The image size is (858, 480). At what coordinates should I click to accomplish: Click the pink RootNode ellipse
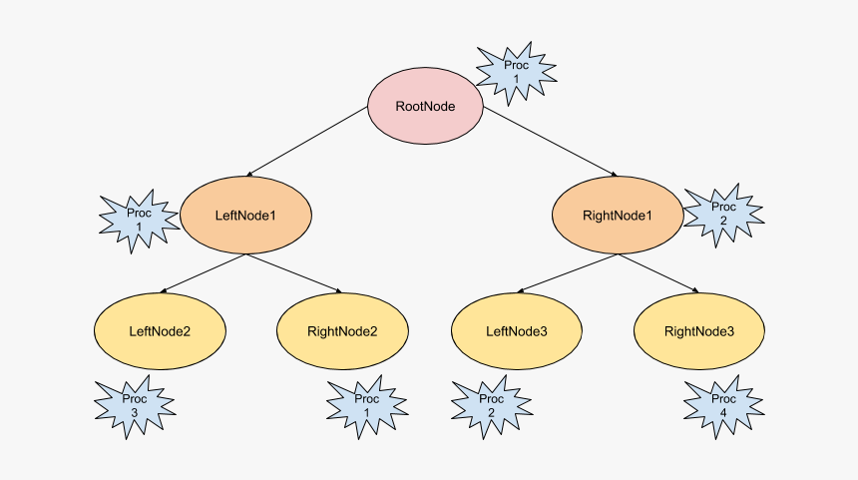coord(426,106)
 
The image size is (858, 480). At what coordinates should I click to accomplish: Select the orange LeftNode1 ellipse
coord(244,215)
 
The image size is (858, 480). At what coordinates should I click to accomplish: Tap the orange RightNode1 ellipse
coord(618,215)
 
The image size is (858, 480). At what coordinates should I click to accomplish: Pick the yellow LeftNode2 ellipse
coord(160,331)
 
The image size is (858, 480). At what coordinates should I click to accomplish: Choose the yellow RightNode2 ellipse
coord(341,331)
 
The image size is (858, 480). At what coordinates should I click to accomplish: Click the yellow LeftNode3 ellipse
coord(517,331)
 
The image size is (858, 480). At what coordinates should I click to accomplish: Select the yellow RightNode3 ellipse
coord(699,331)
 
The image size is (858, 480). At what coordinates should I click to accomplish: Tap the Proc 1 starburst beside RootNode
coord(516,72)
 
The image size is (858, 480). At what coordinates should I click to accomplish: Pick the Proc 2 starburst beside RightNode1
coord(723,215)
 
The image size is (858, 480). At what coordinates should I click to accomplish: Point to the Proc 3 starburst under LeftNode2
coord(134,406)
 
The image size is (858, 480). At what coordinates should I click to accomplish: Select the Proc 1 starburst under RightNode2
coord(366,406)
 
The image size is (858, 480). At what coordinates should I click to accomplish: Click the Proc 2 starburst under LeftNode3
coord(491,406)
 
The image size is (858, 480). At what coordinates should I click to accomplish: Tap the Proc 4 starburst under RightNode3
coord(724,406)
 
